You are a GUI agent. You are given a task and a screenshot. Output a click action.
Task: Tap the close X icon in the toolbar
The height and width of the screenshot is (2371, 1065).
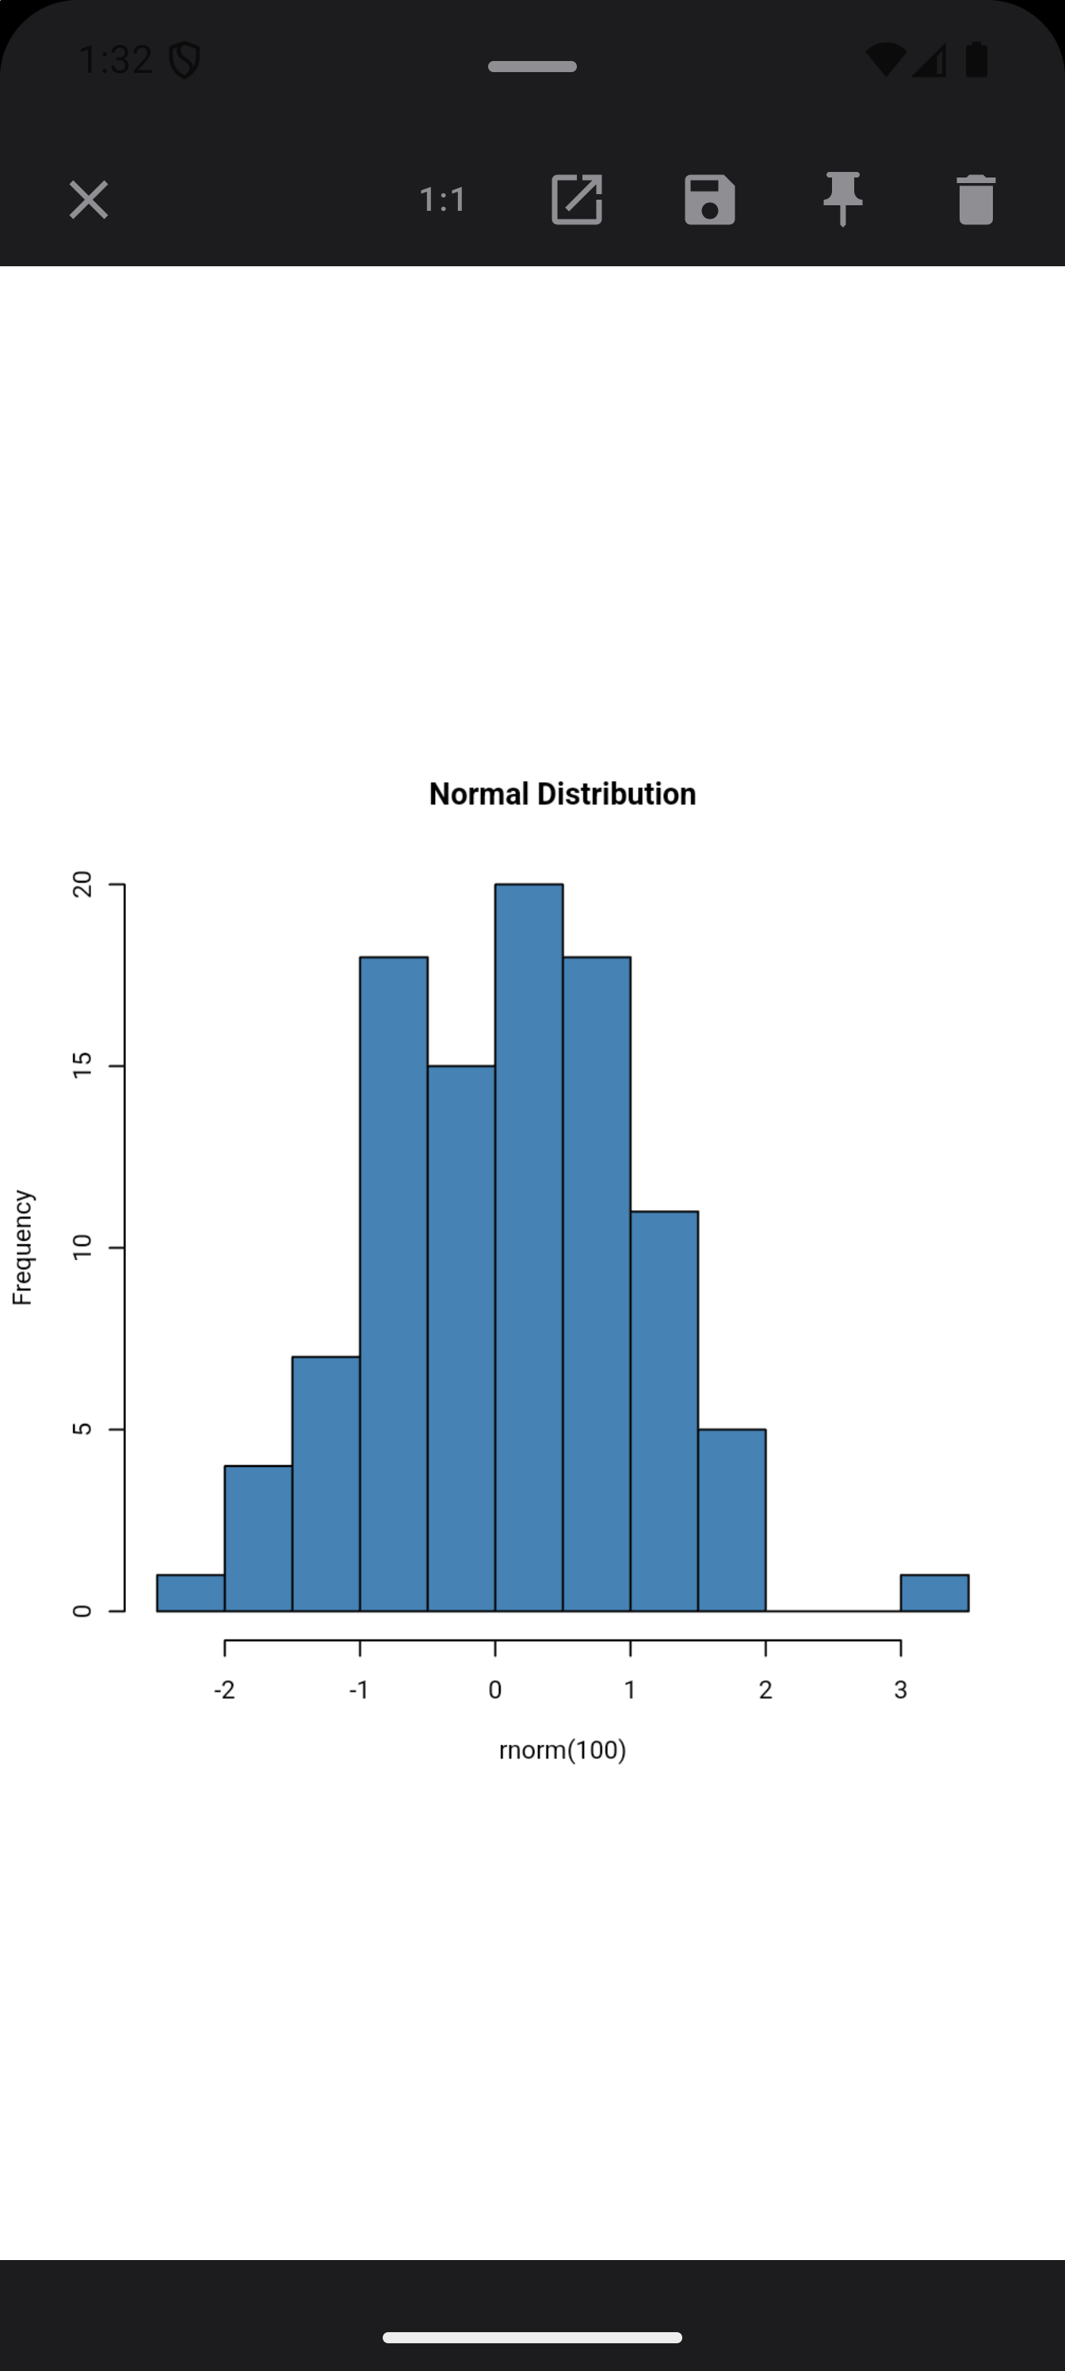[89, 200]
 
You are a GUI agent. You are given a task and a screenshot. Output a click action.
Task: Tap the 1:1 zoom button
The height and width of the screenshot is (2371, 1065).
[443, 200]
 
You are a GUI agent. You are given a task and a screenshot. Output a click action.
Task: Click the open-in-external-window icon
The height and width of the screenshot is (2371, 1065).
[576, 200]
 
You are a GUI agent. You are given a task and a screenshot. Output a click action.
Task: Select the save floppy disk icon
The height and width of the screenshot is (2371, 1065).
[710, 200]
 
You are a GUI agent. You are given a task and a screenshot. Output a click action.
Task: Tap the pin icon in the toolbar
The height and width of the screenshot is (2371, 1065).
[842, 200]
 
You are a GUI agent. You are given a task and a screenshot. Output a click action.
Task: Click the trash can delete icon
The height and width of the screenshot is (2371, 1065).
[975, 200]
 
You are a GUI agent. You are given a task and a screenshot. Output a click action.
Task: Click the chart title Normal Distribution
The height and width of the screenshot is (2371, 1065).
[563, 794]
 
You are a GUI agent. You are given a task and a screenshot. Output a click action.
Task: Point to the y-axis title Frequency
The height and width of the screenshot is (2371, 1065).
[22, 1247]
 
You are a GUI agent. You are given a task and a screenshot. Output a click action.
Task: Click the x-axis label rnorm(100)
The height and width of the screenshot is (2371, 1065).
[563, 1750]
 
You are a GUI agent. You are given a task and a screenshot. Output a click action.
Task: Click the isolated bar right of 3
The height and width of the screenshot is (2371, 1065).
[934, 1594]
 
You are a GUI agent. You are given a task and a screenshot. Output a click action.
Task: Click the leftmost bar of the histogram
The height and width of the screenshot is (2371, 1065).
[190, 1594]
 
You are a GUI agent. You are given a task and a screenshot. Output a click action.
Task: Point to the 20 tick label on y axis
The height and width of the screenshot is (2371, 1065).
[83, 884]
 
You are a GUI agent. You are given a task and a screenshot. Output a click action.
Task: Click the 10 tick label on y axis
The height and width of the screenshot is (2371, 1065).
[83, 1247]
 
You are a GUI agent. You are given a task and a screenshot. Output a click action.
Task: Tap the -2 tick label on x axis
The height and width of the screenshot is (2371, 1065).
[224, 1689]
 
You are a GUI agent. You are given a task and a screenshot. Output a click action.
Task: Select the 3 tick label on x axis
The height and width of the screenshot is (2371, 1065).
[900, 1689]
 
